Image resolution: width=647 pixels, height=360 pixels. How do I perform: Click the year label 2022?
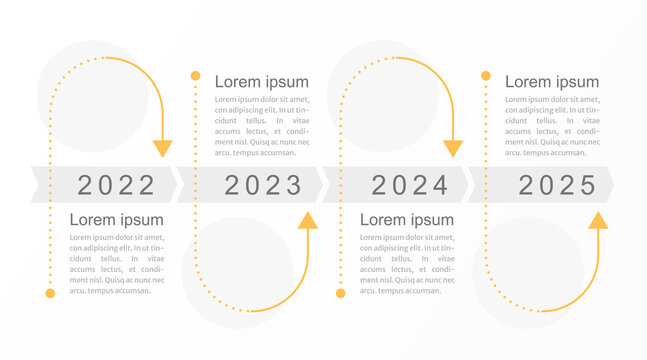pos(116,185)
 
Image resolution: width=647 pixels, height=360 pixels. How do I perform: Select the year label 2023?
pos(263,185)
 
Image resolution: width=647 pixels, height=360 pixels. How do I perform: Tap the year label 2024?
pos(410,185)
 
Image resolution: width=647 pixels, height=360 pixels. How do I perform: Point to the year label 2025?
pos(557,185)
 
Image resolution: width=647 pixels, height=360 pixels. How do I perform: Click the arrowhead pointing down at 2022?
pos(163,148)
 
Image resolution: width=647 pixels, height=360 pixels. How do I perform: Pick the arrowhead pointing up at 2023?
pos(307,221)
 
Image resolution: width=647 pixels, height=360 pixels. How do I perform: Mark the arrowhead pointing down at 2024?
pos(453,148)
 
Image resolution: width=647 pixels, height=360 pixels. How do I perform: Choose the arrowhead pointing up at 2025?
pos(598,221)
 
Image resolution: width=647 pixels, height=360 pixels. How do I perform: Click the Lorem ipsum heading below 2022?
pos(116,220)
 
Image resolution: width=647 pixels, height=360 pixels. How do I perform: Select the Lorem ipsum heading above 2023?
pos(262,82)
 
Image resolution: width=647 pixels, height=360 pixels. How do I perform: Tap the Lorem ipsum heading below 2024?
pos(406,220)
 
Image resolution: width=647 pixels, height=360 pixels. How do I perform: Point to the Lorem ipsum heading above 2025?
pos(552,82)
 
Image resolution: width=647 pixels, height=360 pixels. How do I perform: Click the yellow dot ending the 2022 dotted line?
pos(50,294)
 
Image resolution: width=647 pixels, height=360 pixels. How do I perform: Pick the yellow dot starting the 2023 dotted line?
pos(195,76)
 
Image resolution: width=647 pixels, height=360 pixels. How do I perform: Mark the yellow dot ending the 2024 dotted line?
pos(340,294)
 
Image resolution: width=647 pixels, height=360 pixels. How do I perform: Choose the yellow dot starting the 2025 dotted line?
pos(486,76)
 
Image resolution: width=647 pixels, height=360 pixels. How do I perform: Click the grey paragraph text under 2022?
pos(116,264)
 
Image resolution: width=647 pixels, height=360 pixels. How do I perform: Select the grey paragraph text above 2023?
pos(262,126)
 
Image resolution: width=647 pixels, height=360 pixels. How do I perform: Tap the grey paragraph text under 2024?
pos(406,264)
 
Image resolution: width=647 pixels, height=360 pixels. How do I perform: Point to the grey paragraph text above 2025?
pos(552,126)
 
